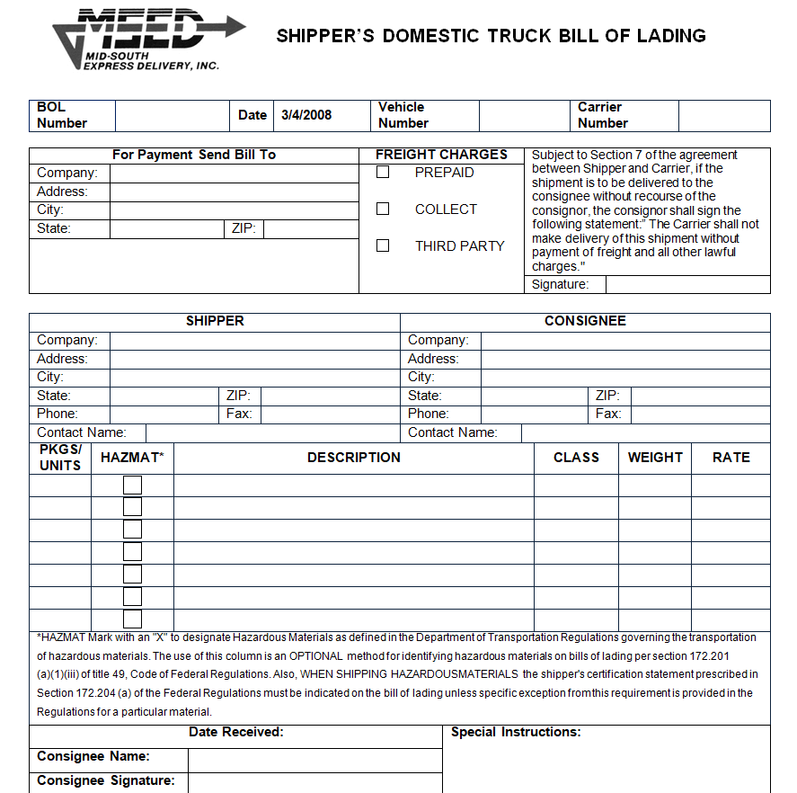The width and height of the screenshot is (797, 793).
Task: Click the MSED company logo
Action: pyautogui.click(x=148, y=38)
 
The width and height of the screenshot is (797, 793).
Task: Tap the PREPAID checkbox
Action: pyautogui.click(x=383, y=172)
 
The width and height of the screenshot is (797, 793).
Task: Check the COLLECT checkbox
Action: pyautogui.click(x=383, y=209)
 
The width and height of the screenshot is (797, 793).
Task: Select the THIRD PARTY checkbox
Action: pyautogui.click(x=383, y=245)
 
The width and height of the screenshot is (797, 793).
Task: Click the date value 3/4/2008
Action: pyautogui.click(x=306, y=115)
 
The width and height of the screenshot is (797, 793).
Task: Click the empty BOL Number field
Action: pyautogui.click(x=172, y=115)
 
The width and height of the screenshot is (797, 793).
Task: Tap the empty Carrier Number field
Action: pyautogui.click(x=723, y=115)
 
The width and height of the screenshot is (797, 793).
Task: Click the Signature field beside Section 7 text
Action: pyautogui.click(x=687, y=284)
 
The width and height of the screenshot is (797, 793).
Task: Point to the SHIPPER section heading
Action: pyautogui.click(x=215, y=321)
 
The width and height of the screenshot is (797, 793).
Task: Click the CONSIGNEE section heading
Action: pyautogui.click(x=585, y=321)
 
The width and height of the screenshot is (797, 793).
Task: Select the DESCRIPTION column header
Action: pyautogui.click(x=354, y=458)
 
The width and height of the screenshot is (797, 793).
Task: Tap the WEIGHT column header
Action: pyautogui.click(x=655, y=458)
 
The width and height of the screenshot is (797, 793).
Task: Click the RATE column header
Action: pyautogui.click(x=731, y=458)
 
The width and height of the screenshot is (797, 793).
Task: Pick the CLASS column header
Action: pyautogui.click(x=576, y=458)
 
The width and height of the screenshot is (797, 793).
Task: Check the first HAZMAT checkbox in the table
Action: pyautogui.click(x=132, y=485)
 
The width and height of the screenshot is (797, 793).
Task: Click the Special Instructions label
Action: pyautogui.click(x=516, y=733)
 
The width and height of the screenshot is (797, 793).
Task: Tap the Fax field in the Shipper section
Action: pyautogui.click(x=329, y=414)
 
